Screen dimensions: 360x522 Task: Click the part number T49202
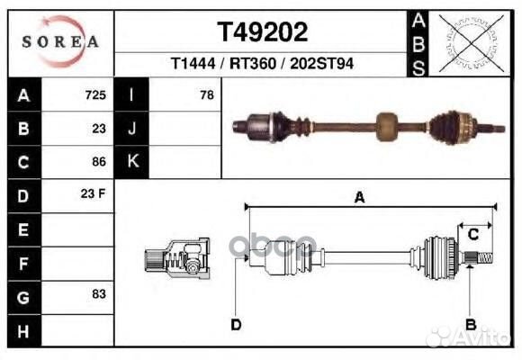tap(263, 32)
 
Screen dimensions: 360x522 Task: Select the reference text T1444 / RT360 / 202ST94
tap(263, 65)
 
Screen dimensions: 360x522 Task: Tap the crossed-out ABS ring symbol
tap(465, 43)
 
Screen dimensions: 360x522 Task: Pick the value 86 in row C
tap(98, 162)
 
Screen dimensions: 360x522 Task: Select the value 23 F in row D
tap(94, 195)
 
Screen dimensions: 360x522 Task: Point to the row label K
tap(132, 162)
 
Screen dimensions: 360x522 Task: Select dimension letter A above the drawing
tap(359, 199)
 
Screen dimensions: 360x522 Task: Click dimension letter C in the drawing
tap(472, 235)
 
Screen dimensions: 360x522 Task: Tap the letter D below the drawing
tap(235, 325)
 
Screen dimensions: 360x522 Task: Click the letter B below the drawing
tap(470, 324)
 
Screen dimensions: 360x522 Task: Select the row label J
tap(132, 129)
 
